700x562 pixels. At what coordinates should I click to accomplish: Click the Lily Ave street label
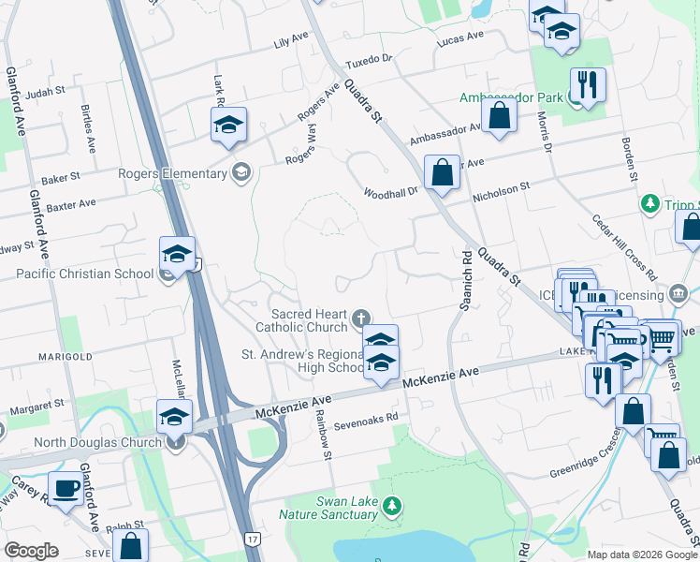[x=291, y=40]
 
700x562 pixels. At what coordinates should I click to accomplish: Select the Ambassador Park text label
[x=511, y=97]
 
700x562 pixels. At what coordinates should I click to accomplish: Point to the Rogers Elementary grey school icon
[x=241, y=171]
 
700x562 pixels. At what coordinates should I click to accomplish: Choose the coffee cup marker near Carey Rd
[x=65, y=488]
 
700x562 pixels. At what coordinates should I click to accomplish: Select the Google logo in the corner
[x=31, y=551]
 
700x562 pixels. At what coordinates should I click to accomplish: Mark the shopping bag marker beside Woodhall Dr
[x=442, y=172]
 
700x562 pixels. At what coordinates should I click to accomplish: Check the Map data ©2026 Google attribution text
[x=640, y=554]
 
